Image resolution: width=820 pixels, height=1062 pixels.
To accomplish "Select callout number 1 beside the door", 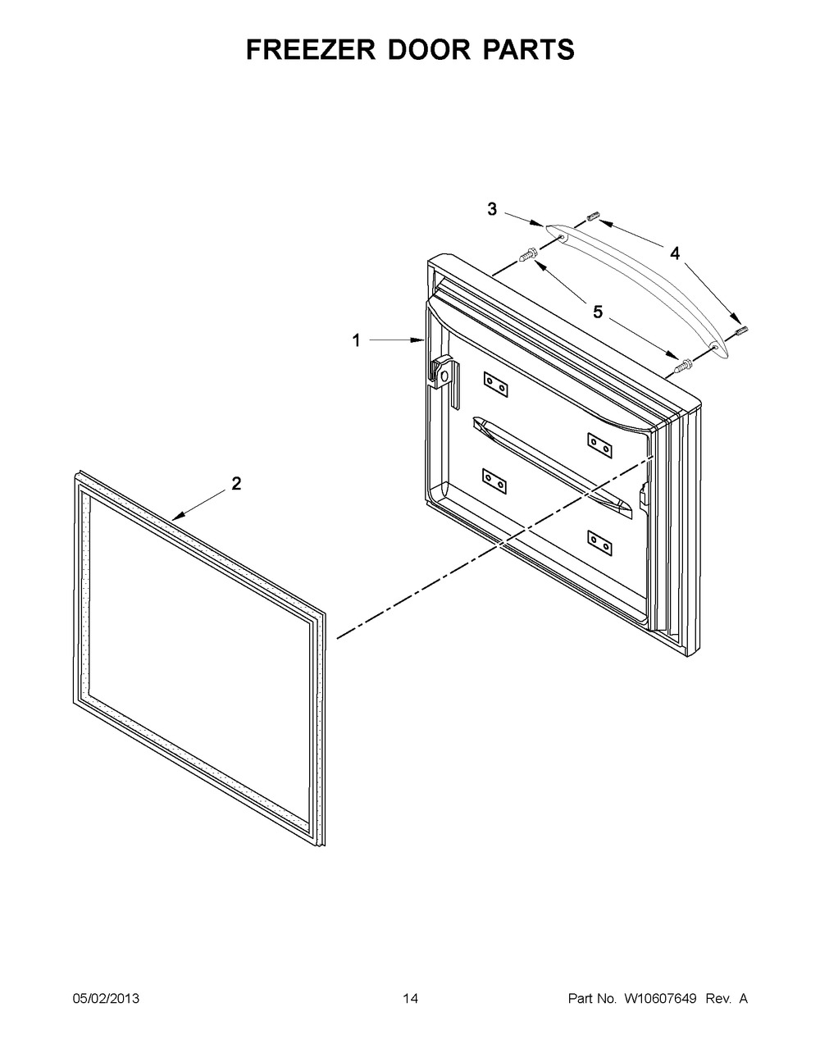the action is point(357,340).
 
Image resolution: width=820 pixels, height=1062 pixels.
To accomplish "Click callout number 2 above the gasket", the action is point(236,483).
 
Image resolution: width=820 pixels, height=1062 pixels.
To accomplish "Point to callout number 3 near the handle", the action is point(492,209).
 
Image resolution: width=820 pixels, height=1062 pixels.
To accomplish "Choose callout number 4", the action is point(674,253).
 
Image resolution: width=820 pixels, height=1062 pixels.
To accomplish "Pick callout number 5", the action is point(598,312).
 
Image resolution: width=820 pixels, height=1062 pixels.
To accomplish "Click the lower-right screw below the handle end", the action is point(684,365).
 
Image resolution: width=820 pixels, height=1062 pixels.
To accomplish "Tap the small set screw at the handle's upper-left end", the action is point(593,216).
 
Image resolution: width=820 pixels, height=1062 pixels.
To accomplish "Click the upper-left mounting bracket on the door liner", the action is point(495,384).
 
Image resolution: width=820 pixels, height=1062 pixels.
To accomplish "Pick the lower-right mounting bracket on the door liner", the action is point(600,543).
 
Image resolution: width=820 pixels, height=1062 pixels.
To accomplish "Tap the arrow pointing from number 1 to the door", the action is point(396,340).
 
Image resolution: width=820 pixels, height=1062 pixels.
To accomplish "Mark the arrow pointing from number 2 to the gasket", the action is point(201,505).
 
